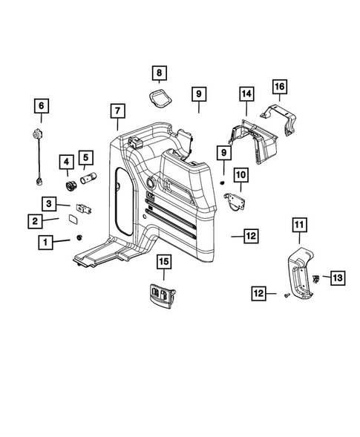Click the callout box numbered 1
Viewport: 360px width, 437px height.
[46, 241]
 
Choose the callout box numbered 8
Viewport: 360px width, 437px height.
[160, 73]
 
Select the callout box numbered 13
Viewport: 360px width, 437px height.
[337, 277]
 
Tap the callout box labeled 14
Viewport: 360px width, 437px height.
[246, 93]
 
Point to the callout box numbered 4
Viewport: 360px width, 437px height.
[68, 161]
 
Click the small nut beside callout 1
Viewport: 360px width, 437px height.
[77, 238]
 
